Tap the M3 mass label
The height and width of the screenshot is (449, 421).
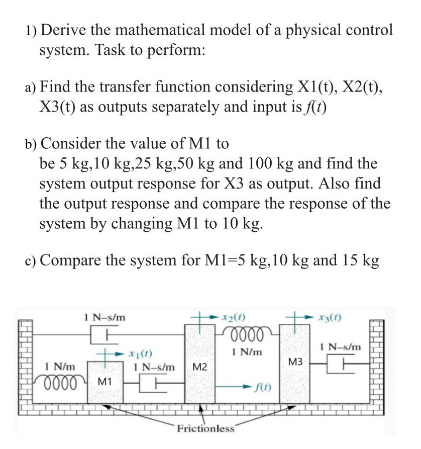(297, 362)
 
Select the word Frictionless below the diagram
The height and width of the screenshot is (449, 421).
(205, 429)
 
